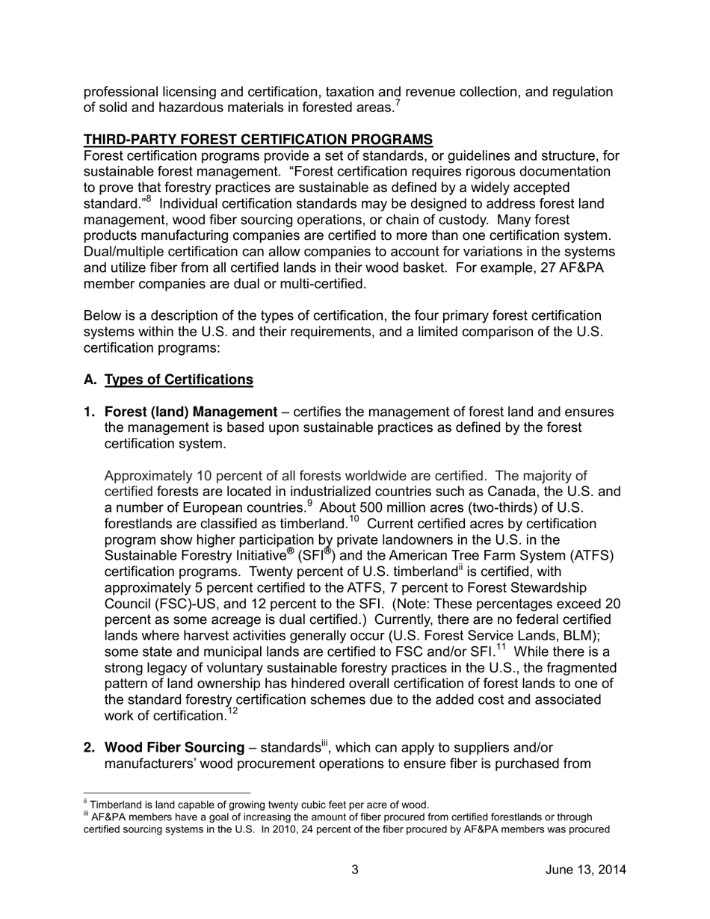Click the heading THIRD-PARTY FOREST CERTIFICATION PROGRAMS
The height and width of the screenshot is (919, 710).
(x=258, y=140)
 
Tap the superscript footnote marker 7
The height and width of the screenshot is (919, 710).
(x=397, y=103)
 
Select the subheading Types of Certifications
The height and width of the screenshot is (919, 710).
(x=179, y=380)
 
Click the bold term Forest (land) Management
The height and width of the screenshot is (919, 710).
(x=191, y=412)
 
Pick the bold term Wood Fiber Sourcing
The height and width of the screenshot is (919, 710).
(x=174, y=747)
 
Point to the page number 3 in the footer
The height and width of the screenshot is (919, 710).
(x=355, y=870)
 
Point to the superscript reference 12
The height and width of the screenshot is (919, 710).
(x=232, y=711)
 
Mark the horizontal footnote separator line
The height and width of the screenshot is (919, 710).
(x=167, y=793)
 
